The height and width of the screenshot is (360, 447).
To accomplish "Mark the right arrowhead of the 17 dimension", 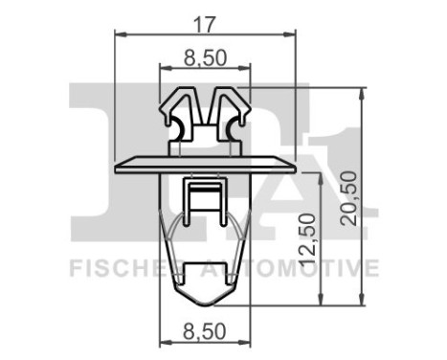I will click(289, 34).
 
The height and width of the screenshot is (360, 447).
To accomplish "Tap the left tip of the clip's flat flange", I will click(117, 167).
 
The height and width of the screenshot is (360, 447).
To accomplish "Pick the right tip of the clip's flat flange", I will click(292, 167).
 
